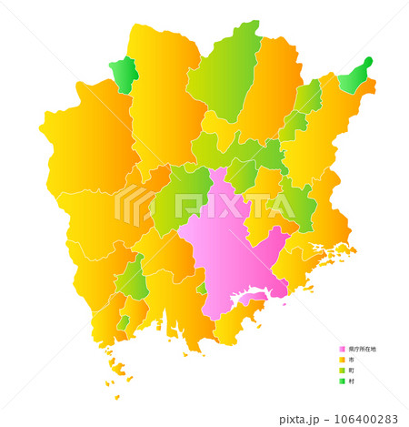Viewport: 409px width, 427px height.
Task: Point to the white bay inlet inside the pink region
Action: (255, 296)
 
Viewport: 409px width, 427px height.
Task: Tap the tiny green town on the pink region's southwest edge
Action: (201, 289)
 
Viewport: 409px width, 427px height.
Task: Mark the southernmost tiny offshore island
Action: (116, 397)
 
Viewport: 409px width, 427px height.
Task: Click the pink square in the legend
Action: (342, 349)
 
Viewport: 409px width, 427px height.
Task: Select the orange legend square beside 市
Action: (342, 360)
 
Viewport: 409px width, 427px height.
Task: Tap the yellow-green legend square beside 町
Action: (342, 371)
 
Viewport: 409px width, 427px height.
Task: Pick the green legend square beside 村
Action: (342, 381)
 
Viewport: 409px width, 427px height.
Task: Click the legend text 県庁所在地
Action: (362, 349)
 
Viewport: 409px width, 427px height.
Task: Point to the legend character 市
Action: (351, 360)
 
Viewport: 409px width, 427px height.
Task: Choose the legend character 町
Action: (351, 371)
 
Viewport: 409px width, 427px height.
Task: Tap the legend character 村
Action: (351, 381)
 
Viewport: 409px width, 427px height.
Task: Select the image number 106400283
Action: (367, 419)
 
